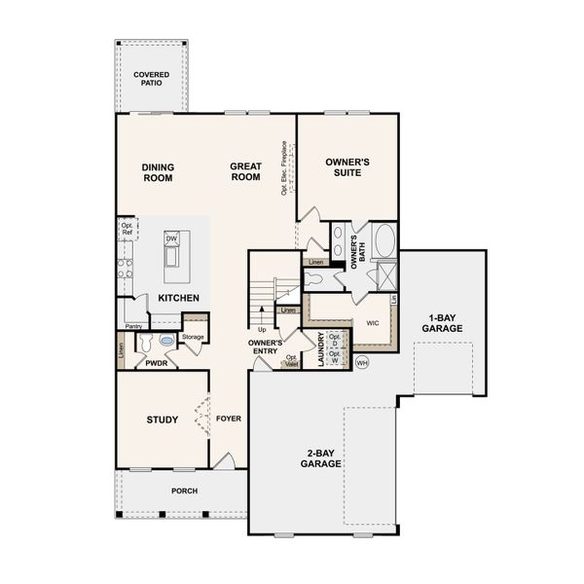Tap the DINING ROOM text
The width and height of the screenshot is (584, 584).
(157, 172)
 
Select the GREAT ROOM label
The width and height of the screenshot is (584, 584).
(245, 172)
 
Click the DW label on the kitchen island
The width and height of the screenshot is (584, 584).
(171, 238)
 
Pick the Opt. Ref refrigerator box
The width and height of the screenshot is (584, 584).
(127, 229)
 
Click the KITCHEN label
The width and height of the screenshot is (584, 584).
(179, 297)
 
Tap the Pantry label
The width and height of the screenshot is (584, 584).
(133, 326)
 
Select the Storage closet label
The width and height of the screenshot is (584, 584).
(193, 337)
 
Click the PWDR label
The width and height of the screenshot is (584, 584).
(155, 363)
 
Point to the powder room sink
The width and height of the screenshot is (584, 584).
(166, 342)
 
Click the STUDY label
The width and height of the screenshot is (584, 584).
(162, 420)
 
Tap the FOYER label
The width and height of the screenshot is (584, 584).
(228, 420)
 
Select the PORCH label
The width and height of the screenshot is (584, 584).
(184, 491)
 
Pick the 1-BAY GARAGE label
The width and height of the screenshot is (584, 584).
(442, 323)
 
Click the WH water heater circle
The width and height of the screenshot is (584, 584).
(362, 363)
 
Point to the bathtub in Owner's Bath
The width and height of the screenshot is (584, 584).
(383, 239)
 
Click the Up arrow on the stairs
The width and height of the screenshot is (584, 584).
(261, 329)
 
